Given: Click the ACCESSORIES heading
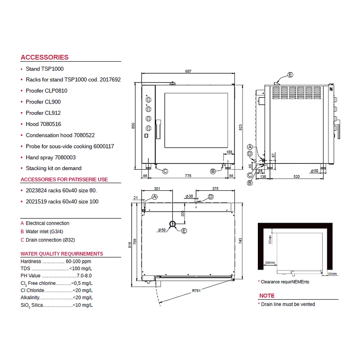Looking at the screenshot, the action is tap(45, 57).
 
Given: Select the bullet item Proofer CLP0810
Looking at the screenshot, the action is tap(46, 91).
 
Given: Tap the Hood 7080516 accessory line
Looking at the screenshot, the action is tap(43, 124).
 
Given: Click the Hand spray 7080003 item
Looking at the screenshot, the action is tap(50, 157).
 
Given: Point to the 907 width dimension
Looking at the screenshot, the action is tap(188, 72).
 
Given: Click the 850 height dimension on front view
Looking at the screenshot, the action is tap(133, 126).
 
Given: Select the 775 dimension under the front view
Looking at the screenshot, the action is tap(188, 176).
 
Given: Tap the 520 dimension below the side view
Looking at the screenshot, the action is tap(297, 176).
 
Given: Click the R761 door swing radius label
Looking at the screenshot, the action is tap(196, 291).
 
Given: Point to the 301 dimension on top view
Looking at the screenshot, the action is tap(157, 189).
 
